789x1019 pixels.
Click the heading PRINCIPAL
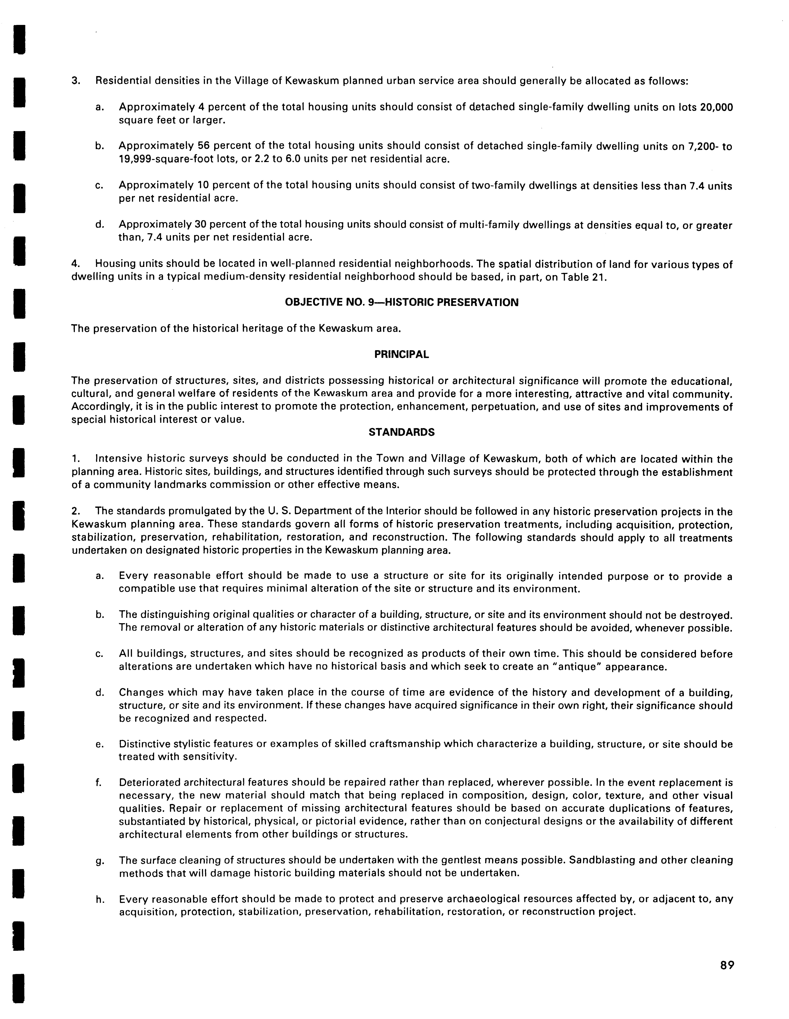(x=402, y=355)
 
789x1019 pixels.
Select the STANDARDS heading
(x=402, y=433)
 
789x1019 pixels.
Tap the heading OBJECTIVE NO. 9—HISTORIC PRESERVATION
(x=402, y=302)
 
